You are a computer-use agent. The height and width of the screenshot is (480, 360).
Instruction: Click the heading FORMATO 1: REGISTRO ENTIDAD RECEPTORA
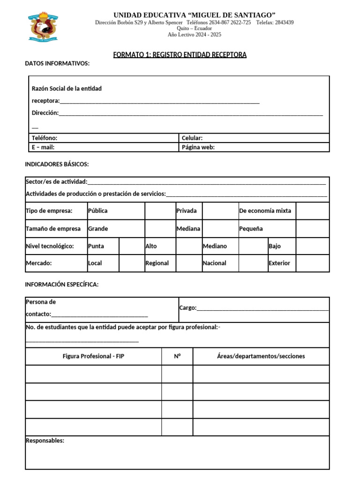[x=180, y=55]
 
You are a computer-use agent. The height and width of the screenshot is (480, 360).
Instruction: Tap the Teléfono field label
[x=45, y=138]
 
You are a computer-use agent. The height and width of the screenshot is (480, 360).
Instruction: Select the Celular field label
[x=192, y=138]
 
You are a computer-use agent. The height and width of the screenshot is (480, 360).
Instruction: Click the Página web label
[x=198, y=147]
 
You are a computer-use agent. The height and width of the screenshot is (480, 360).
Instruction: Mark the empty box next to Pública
[x=160, y=211]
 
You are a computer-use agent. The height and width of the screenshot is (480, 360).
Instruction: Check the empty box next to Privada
[x=220, y=211]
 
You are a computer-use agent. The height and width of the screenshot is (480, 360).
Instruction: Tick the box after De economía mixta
[x=313, y=211]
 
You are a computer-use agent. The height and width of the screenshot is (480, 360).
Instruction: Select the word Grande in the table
[x=98, y=229]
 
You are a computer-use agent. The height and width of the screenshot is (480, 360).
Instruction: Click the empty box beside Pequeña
[x=313, y=229]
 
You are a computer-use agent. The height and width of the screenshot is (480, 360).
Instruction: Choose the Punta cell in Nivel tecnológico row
[x=96, y=246]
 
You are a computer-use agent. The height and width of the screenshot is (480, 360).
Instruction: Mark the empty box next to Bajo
[x=313, y=246]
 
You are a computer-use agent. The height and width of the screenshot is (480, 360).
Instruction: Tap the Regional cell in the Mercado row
[x=157, y=263]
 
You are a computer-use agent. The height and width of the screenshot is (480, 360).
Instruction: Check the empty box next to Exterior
[x=313, y=263]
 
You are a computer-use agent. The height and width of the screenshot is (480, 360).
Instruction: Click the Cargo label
[x=188, y=308]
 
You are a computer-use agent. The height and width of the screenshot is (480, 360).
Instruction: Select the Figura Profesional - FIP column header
[x=94, y=356]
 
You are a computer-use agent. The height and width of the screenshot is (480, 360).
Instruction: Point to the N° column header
[x=177, y=356]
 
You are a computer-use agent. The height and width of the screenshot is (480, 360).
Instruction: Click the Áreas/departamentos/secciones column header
[x=261, y=356]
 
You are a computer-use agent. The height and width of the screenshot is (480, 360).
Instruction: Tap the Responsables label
[x=45, y=441]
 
